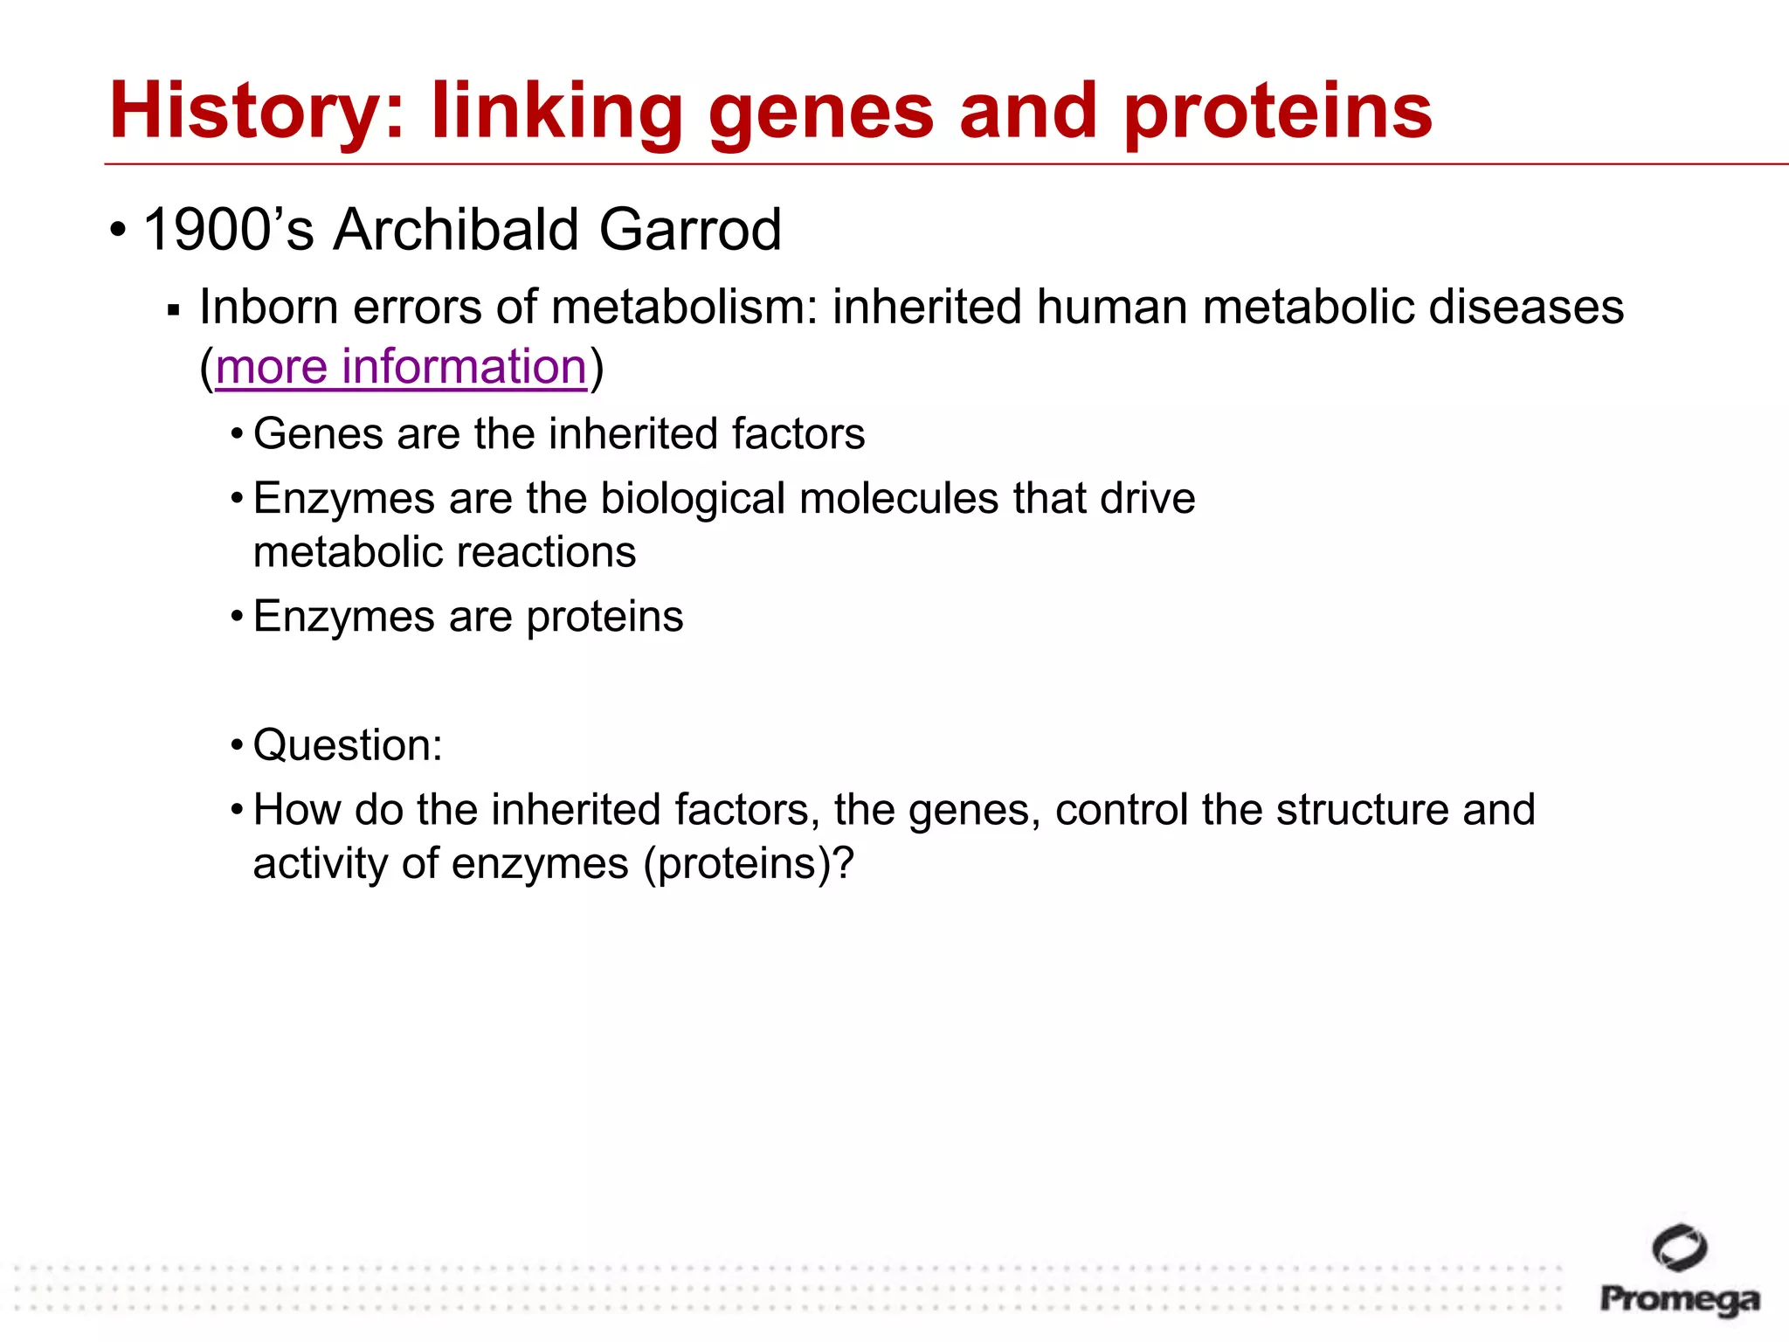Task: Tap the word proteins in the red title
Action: click(1278, 111)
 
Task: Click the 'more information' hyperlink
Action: click(401, 366)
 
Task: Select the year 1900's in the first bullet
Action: click(228, 230)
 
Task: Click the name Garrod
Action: click(690, 230)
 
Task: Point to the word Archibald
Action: click(456, 230)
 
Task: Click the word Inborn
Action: click(268, 308)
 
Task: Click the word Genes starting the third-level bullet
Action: click(317, 434)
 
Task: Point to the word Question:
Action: click(348, 745)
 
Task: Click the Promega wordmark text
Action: click(1679, 1299)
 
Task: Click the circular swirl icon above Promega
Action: click(1679, 1247)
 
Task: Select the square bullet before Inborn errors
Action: click(173, 310)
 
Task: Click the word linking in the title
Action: click(556, 111)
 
